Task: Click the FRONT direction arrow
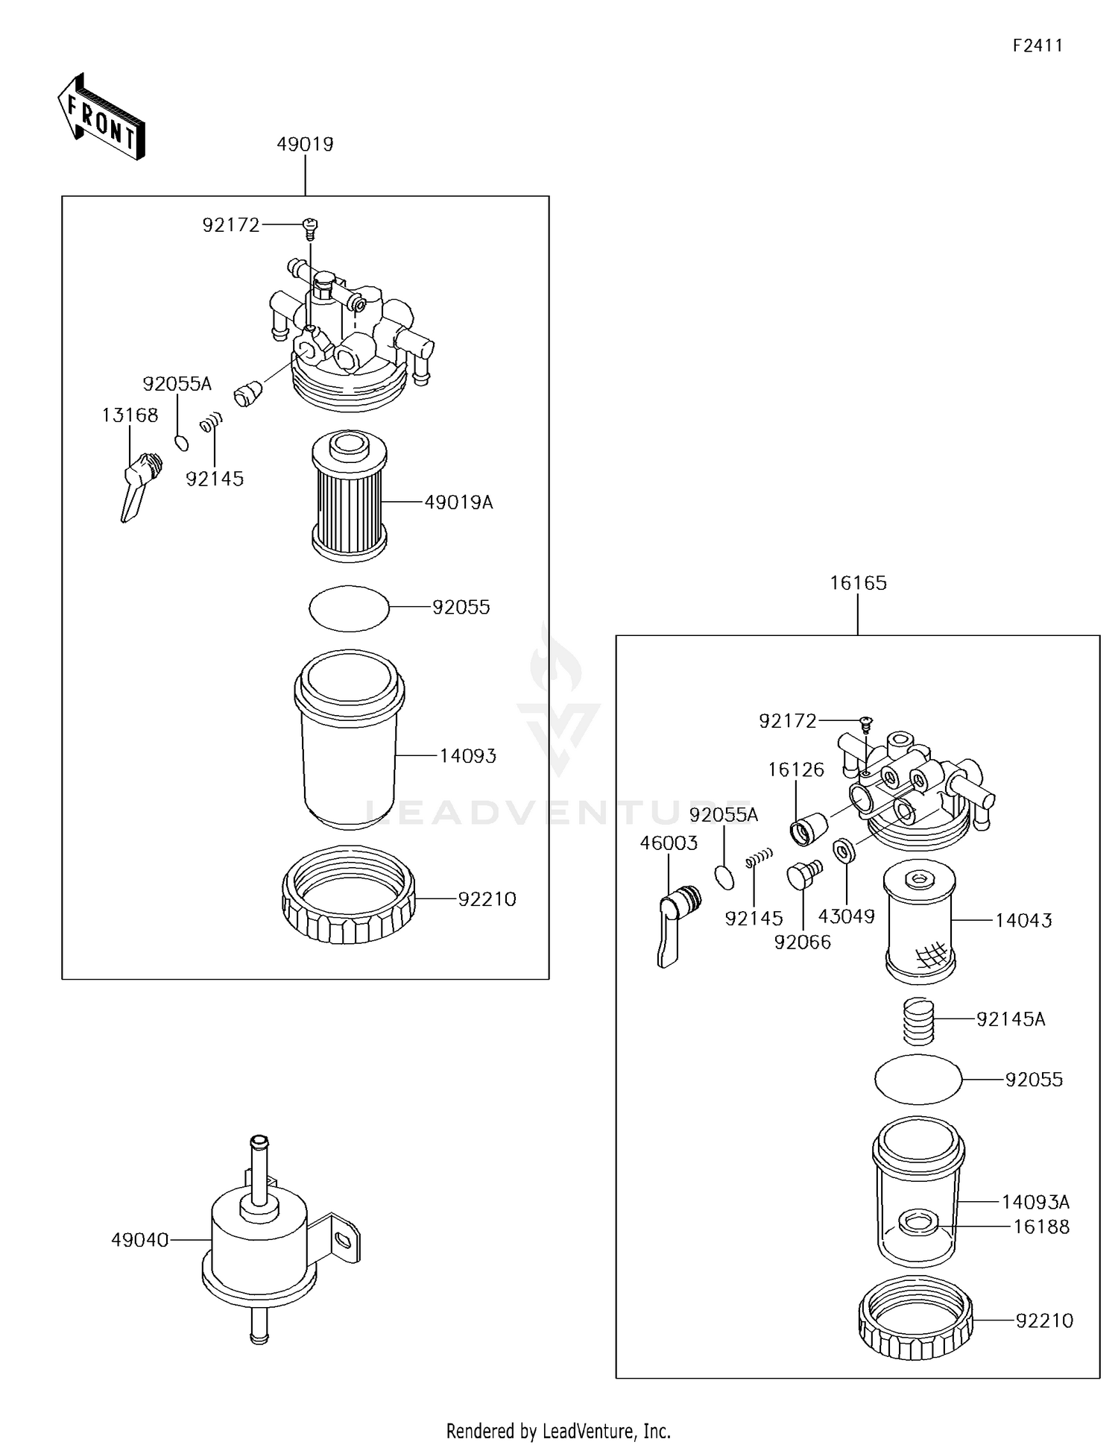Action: point(101,117)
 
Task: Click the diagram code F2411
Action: point(1037,45)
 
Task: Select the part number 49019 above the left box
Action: point(305,144)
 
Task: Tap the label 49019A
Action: point(458,503)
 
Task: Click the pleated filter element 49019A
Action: point(349,496)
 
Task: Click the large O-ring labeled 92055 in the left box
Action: point(349,608)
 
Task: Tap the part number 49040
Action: point(139,1240)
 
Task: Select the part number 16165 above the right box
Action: point(858,583)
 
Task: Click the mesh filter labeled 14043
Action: point(919,925)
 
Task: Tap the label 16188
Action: point(1040,1227)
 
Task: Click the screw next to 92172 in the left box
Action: point(310,226)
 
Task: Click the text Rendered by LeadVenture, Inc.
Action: point(558,1430)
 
